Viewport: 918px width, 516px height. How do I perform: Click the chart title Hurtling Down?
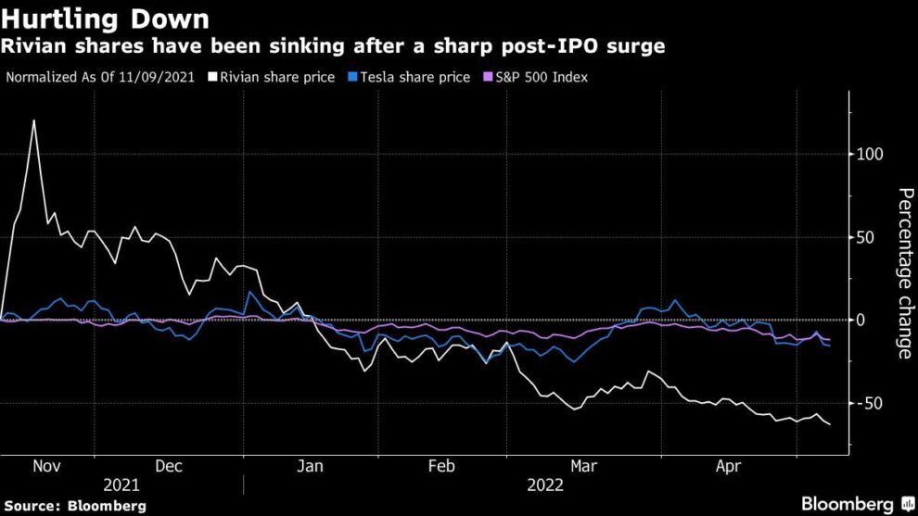tap(105, 19)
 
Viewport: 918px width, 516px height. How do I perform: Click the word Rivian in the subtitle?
tap(33, 46)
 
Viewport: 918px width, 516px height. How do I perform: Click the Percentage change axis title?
tap(904, 273)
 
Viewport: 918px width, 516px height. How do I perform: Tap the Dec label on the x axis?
tap(168, 467)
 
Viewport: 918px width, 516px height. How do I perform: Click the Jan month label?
tap(309, 467)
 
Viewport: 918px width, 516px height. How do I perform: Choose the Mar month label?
tap(584, 467)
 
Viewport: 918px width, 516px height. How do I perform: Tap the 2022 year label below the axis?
tap(545, 485)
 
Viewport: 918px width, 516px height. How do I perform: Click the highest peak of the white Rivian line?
tap(34, 120)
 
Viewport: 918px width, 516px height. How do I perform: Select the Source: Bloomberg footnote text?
tap(74, 506)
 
